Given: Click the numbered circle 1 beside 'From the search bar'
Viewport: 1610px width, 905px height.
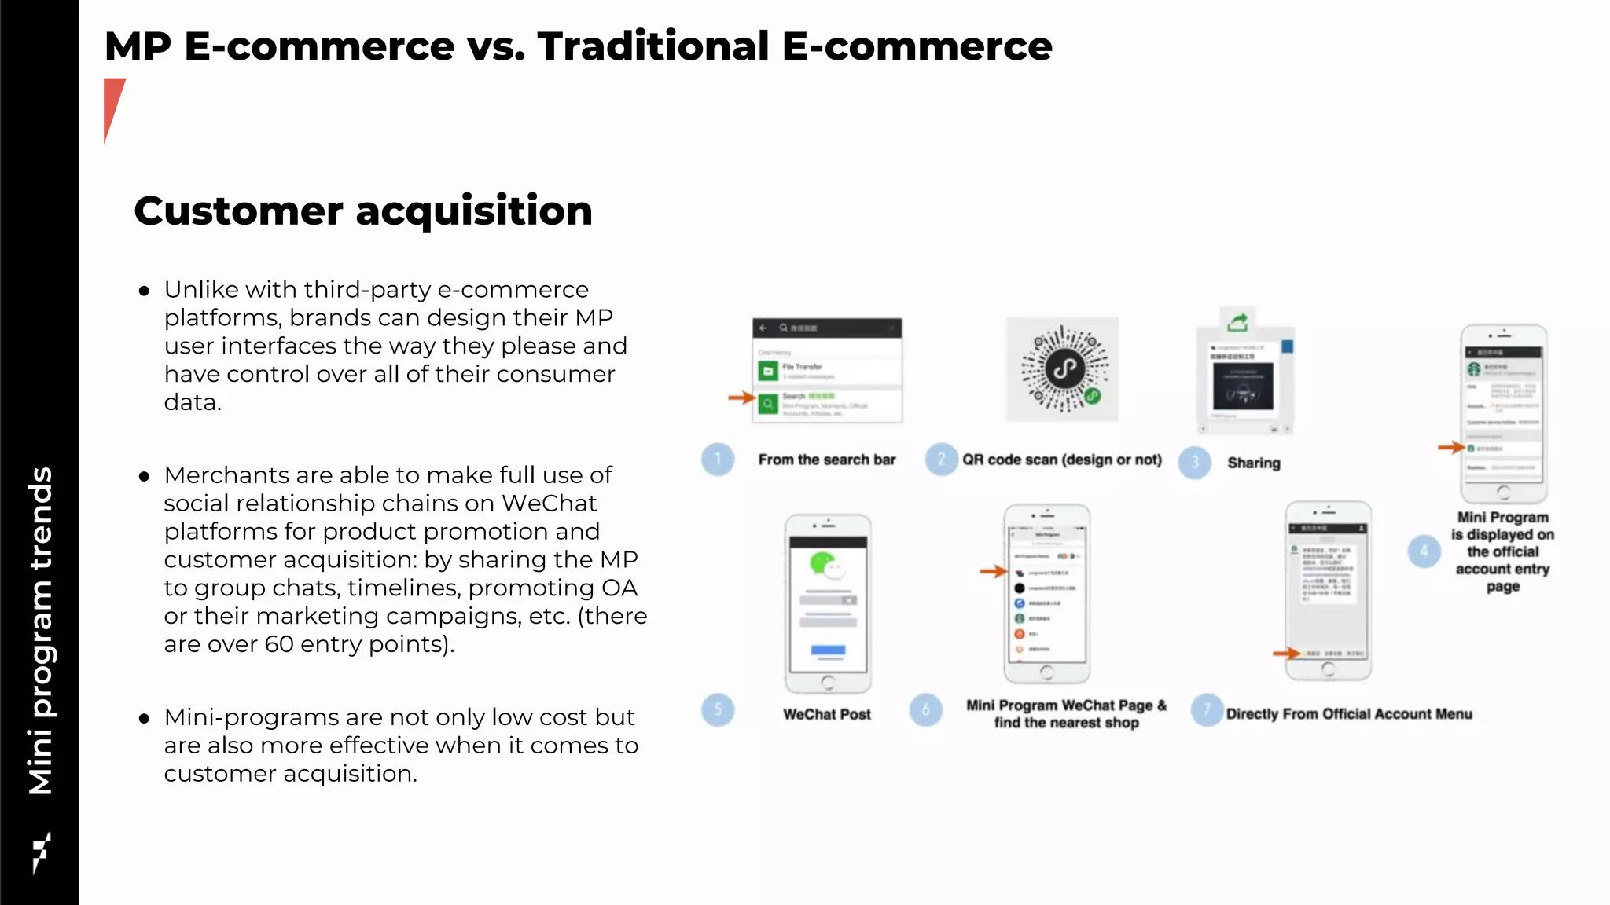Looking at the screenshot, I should pos(718,460).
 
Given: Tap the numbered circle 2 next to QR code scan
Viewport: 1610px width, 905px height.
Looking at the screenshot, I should pos(941,460).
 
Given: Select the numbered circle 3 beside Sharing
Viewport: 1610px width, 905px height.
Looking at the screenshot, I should pos(1195,463).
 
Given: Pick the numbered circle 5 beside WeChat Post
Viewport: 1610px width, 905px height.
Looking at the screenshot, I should pos(718,710).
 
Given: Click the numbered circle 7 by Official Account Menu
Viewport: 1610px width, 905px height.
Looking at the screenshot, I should pos(1207,710).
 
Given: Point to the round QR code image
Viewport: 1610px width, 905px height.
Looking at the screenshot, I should pos(1064,368).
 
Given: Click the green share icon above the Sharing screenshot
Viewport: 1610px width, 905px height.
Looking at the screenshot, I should pos(1238,322).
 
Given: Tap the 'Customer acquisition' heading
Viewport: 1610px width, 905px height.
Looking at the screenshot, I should pos(363,211).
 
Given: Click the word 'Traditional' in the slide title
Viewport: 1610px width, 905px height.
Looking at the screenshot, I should pos(653,46).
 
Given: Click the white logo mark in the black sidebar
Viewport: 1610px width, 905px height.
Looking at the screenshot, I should pos(41,852).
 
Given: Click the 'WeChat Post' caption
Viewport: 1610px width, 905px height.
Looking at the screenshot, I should pos(827,715).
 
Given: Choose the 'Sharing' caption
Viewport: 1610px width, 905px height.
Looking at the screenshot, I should pos(1254,463).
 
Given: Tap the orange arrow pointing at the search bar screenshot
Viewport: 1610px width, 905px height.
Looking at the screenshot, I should pos(741,398).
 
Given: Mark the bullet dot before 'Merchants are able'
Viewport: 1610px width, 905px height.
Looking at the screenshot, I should pos(144,476).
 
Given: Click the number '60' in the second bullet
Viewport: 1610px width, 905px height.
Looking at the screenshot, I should pos(279,644).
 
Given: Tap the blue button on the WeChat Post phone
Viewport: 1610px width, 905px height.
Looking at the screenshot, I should pos(828,650).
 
